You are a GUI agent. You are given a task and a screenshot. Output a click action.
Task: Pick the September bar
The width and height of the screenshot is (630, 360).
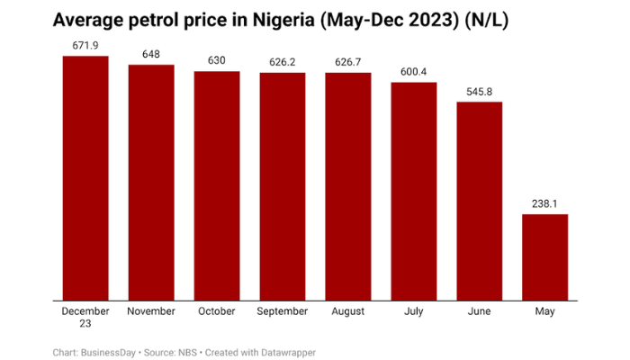283,186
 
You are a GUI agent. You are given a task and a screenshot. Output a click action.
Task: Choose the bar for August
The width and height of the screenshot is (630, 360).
348,186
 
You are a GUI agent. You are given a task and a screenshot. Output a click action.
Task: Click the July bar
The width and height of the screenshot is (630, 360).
413,192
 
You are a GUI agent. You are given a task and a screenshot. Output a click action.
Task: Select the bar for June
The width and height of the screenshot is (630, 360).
479,202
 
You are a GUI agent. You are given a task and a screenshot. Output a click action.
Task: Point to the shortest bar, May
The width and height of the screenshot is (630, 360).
544,256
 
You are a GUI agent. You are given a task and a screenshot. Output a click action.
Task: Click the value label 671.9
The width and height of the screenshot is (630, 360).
85,45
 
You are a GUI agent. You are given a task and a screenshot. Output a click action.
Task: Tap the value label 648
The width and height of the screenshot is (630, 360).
151,54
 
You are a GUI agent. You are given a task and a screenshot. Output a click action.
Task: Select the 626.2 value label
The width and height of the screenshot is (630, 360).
283,62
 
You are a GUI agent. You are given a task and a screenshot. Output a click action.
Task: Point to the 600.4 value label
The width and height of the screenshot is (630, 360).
413,72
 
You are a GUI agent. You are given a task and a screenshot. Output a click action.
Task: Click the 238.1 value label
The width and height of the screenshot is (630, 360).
544,203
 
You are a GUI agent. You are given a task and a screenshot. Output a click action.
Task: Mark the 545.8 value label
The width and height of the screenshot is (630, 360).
479,92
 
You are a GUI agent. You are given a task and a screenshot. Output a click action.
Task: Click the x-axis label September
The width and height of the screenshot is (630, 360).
283,311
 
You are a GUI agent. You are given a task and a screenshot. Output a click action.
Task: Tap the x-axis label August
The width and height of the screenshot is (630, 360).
348,311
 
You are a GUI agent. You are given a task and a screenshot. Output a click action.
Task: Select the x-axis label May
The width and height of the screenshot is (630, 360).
544,311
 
